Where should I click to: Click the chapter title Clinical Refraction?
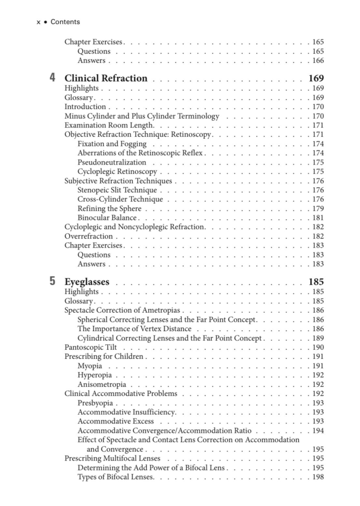tap(106, 78)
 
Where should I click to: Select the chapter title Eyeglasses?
tap(87, 283)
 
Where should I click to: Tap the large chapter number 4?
tap(52, 78)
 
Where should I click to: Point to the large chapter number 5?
tap(52, 282)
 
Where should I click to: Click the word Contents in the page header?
tap(65, 22)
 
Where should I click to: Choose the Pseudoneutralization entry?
tap(112, 162)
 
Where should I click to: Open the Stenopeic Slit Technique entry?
tap(117, 190)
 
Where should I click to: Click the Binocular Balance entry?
tap(107, 218)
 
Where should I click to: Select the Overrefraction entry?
tap(89, 236)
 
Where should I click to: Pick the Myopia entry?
tap(90, 366)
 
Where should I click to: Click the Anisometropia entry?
tap(102, 384)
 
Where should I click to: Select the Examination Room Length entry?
tap(109, 125)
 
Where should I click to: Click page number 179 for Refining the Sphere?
tap(318, 209)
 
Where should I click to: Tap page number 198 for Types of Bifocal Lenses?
tap(318, 477)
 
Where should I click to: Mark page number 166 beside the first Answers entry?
tap(318, 61)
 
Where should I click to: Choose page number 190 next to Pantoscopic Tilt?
tap(318, 347)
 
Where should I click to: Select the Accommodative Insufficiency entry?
tap(127, 412)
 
